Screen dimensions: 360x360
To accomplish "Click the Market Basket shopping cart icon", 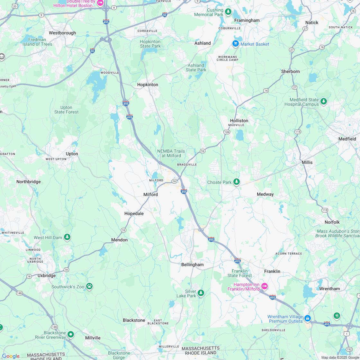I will click(236, 44).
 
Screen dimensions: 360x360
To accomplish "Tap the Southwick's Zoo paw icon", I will click(89, 286).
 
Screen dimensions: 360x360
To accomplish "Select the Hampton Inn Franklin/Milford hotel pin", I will click(265, 286).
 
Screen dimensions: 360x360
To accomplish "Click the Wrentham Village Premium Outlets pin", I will click(308, 318).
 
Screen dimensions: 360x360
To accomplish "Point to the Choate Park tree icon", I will click(237, 182).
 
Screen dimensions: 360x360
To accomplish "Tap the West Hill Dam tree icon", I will click(67, 237).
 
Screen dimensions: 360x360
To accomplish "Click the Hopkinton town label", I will click(148, 85).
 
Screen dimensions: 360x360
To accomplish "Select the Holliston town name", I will click(239, 121).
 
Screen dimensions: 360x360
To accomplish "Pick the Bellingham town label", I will click(193, 265).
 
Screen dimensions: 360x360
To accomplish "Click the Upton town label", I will click(72, 154).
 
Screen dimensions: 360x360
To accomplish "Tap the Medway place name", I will click(265, 194).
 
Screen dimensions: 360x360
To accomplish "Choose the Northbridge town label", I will click(29, 182).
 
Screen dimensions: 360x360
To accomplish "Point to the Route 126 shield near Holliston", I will click(227, 132).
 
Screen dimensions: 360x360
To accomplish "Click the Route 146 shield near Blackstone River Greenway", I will click(54, 327).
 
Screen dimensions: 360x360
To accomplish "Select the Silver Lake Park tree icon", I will click(201, 293).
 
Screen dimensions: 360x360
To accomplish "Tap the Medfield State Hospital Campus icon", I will click(324, 102).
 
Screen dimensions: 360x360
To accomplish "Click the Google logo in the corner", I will click(11, 356).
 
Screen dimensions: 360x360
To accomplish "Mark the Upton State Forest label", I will click(66, 110).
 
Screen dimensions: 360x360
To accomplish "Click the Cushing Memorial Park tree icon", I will click(228, 12).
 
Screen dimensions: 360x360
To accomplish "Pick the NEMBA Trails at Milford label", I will click(171, 153).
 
